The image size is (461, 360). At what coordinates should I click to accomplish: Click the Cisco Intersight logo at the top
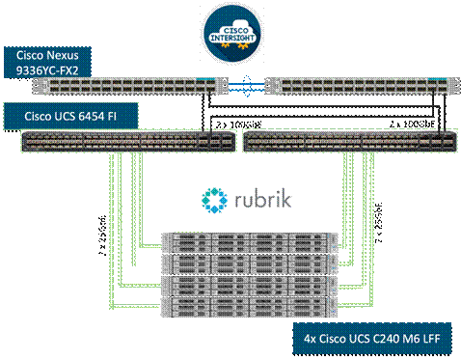pyautogui.click(x=230, y=30)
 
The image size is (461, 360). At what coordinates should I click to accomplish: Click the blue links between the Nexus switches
pyautogui.click(x=239, y=85)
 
